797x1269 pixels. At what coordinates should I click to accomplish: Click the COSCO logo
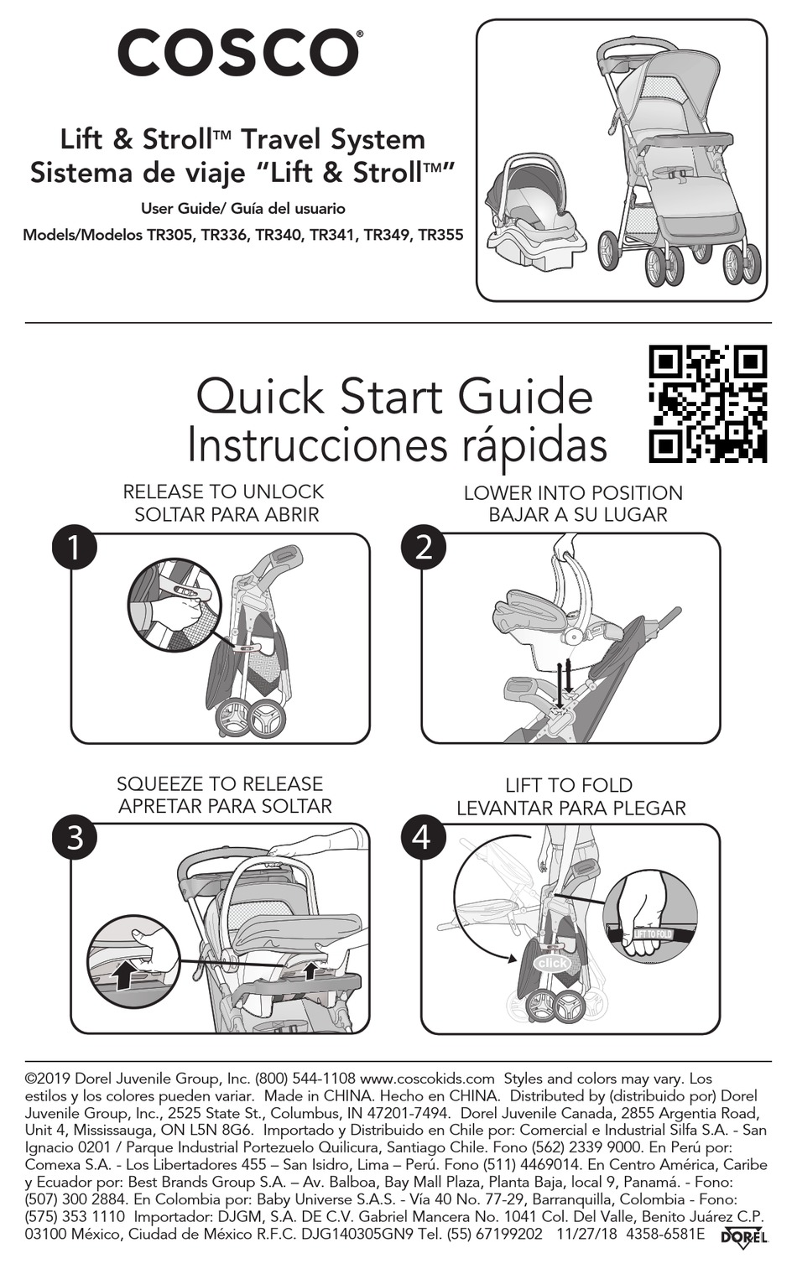coord(238,54)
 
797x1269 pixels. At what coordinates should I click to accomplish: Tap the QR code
coord(707,403)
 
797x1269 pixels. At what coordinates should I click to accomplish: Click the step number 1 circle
coord(75,548)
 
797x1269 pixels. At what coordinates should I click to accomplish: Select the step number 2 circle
coord(424,548)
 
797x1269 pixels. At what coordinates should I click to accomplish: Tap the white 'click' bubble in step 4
coord(553,963)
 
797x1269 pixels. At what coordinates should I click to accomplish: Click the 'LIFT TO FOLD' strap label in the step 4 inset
coord(653,934)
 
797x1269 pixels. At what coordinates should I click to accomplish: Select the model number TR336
coord(221,235)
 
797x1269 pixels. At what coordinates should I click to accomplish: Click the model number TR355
coord(441,235)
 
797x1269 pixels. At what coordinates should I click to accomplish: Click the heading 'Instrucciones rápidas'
coord(397,447)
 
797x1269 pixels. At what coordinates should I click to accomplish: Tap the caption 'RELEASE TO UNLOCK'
coord(223,491)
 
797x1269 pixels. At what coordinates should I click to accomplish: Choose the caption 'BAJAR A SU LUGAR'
coord(578,515)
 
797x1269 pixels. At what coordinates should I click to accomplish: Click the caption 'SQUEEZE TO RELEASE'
coord(220,784)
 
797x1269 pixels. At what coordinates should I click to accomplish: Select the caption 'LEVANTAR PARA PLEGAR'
coord(571,809)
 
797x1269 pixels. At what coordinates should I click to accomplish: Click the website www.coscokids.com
coord(427,1078)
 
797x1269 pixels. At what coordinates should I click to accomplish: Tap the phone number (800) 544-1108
coord(305,1078)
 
